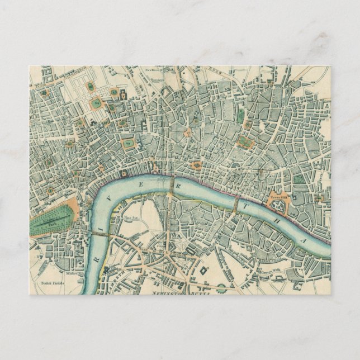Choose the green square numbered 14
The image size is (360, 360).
tap(96, 103)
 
